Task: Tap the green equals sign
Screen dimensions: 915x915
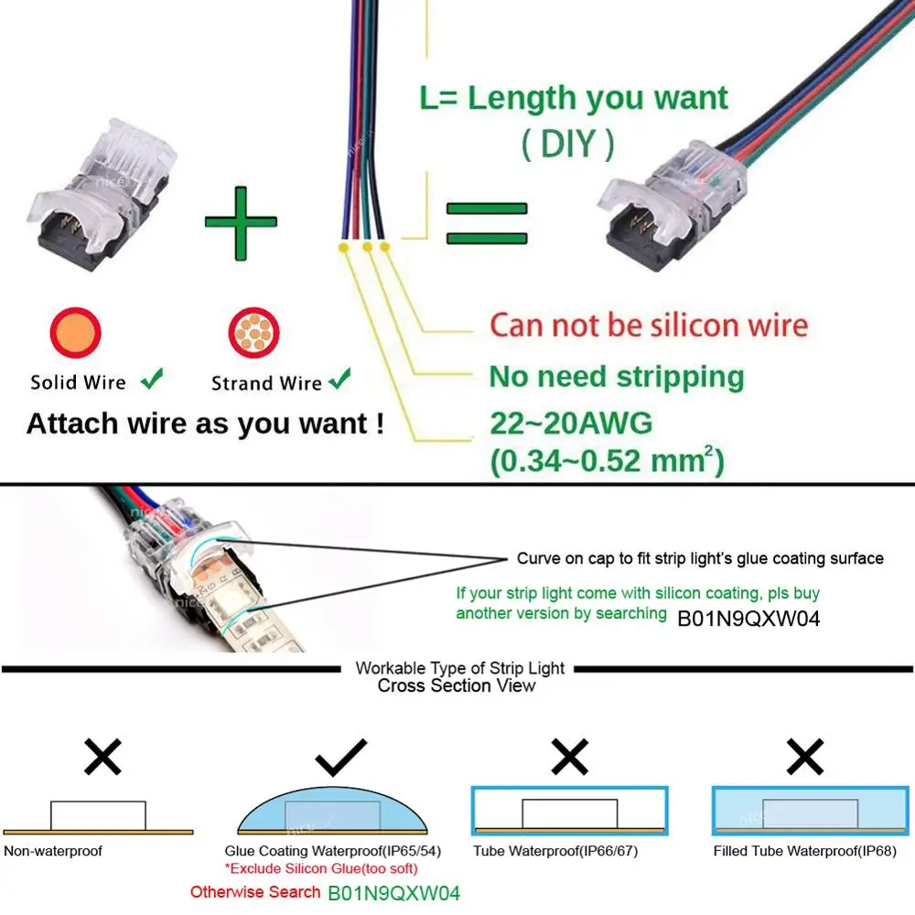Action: click(486, 223)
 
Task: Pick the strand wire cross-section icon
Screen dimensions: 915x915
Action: click(253, 332)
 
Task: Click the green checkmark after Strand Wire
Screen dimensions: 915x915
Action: click(340, 378)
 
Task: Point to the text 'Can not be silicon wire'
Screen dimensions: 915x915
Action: click(648, 325)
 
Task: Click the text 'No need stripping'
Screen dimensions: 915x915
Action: click(616, 376)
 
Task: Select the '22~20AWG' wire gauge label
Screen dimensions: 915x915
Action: click(571, 424)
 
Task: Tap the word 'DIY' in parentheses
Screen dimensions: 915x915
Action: click(567, 144)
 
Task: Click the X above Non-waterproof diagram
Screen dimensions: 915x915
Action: click(102, 759)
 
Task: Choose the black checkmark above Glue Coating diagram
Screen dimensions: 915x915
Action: click(340, 759)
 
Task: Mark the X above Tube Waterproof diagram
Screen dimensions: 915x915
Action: click(569, 759)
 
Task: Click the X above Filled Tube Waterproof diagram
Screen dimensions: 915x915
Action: click(805, 759)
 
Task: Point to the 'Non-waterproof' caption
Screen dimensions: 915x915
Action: click(53, 851)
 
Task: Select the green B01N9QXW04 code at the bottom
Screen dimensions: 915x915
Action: click(393, 892)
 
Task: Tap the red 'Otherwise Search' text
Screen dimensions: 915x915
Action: click(254, 891)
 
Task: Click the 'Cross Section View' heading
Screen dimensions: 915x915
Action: click(457, 685)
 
